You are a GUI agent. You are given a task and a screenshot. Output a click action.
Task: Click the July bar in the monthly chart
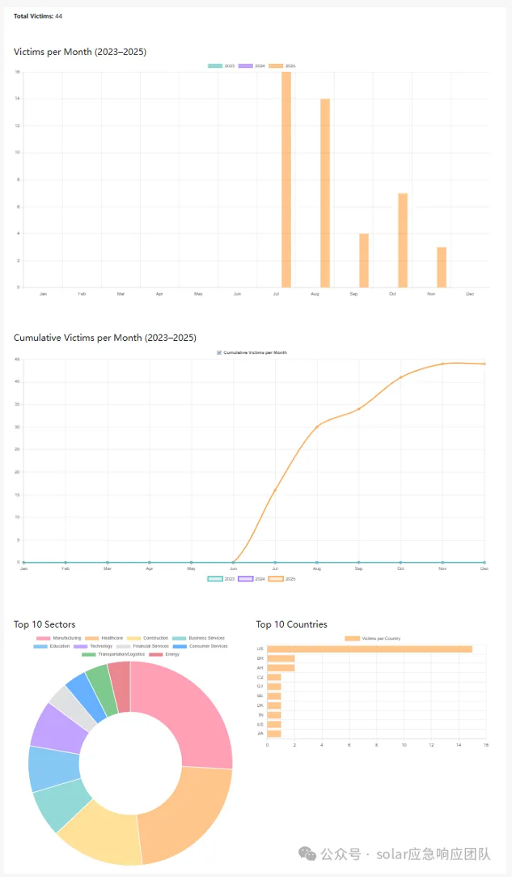(286, 179)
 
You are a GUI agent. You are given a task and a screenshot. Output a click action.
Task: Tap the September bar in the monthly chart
(364, 260)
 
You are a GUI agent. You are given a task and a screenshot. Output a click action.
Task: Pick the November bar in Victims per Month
(442, 266)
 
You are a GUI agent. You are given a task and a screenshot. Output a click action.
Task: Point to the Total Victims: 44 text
(38, 16)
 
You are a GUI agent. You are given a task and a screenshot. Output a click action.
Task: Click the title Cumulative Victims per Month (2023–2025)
(105, 338)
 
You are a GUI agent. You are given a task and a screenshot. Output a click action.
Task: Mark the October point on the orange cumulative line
(400, 377)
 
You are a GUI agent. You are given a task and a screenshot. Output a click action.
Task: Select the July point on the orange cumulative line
(275, 490)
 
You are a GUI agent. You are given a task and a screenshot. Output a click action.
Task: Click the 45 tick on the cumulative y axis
(17, 360)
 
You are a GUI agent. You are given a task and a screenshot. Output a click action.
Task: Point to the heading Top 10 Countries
(292, 624)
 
